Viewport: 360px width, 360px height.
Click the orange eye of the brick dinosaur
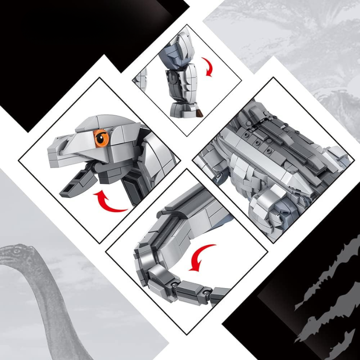click(x=101, y=137)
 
